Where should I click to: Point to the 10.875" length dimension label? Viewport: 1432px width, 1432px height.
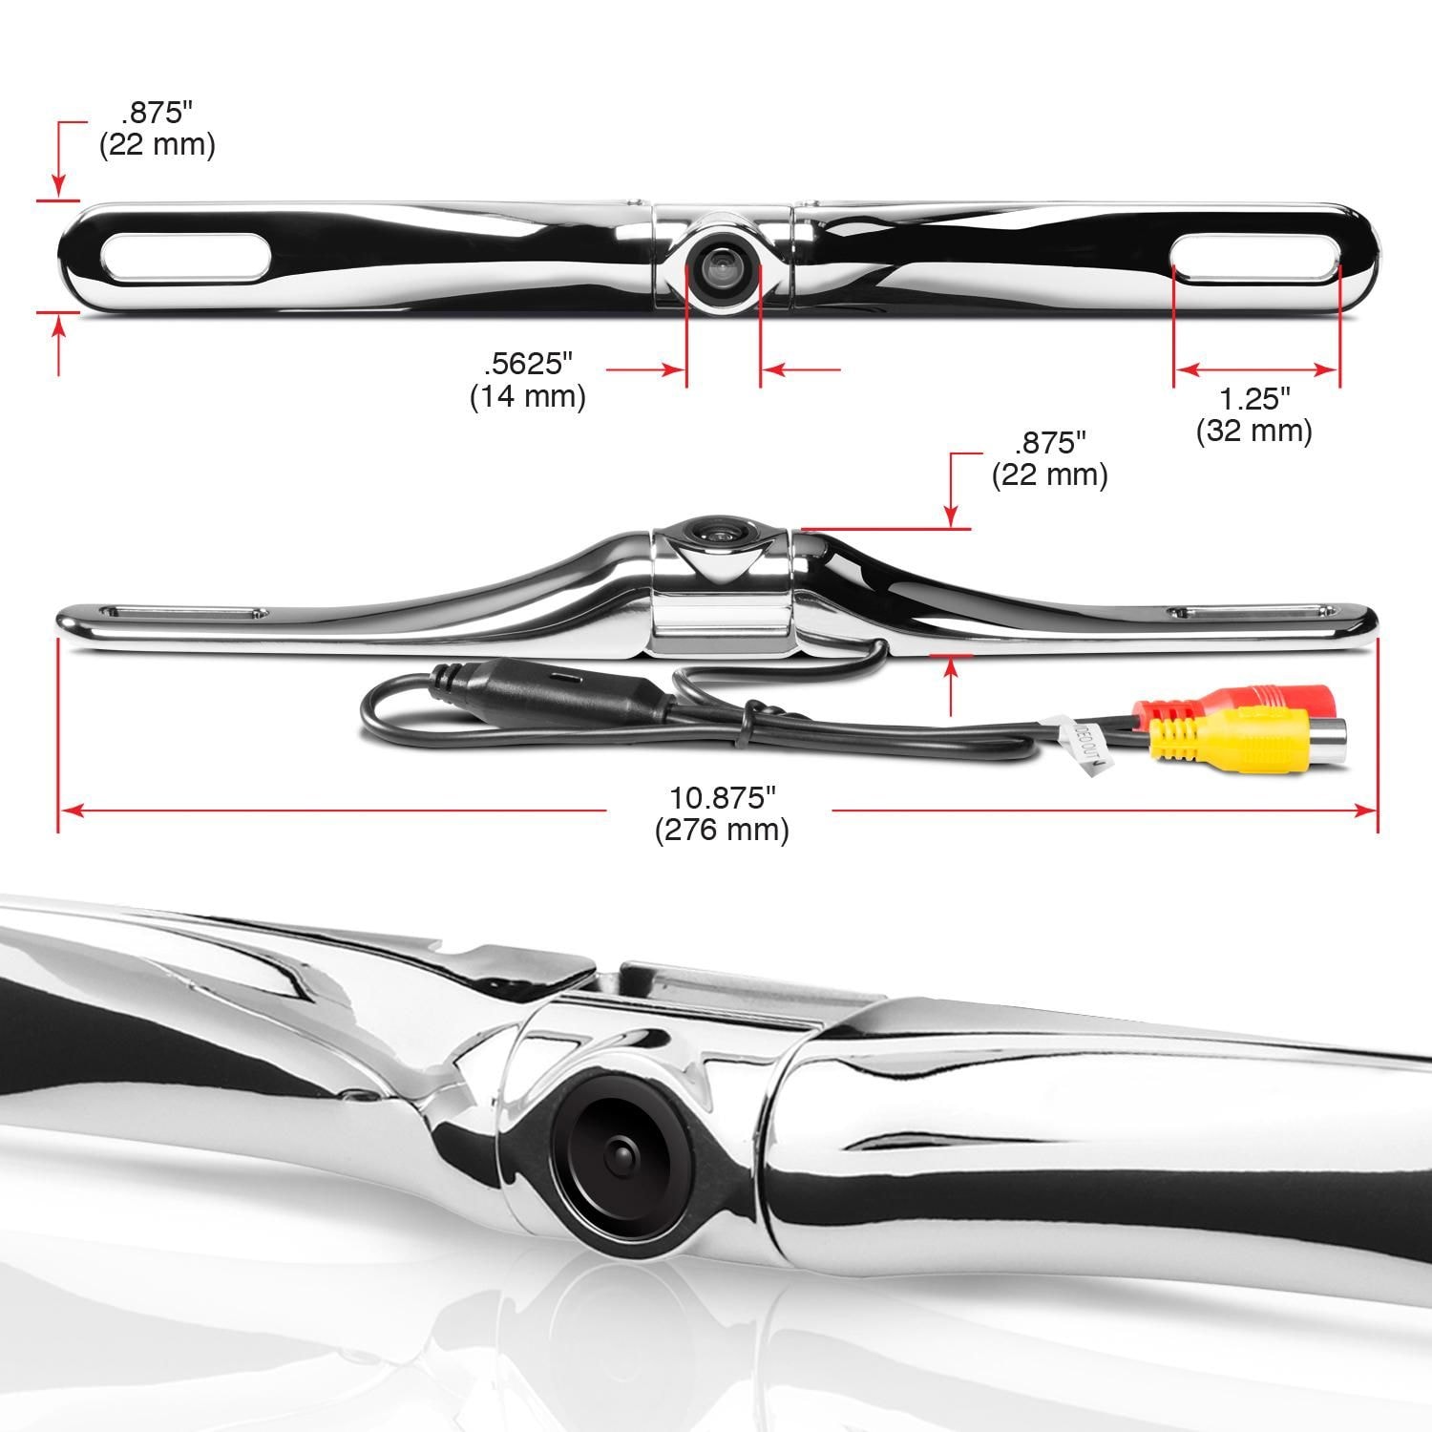click(x=722, y=796)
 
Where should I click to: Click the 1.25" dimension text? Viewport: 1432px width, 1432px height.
click(x=1254, y=398)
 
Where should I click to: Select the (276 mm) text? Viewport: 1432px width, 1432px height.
click(x=722, y=830)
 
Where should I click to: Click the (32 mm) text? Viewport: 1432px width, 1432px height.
click(x=1254, y=432)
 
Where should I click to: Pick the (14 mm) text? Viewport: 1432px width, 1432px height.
click(x=528, y=396)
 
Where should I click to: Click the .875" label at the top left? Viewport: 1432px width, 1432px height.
click(x=158, y=112)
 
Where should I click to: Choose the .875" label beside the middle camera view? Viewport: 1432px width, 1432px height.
click(x=1050, y=443)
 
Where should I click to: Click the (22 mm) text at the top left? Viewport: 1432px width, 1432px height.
click(x=158, y=145)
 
